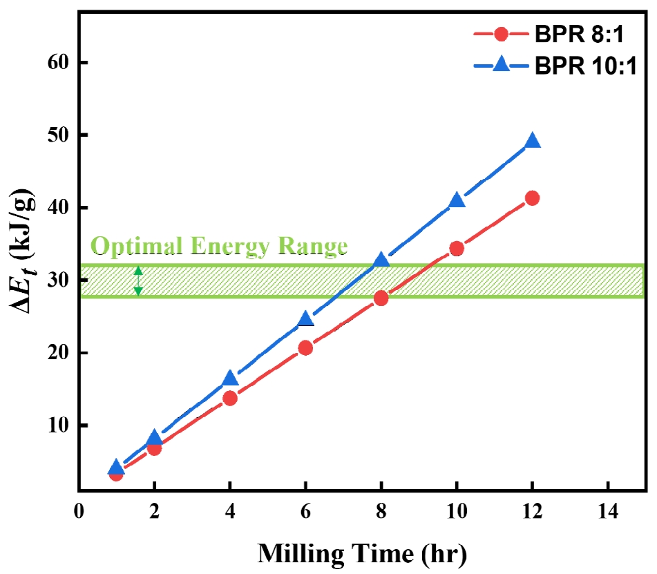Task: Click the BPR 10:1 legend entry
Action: pos(553,66)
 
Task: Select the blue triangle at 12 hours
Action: pos(532,141)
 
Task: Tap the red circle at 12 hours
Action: pos(532,198)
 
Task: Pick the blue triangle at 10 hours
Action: pos(457,200)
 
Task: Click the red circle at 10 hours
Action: pos(456,248)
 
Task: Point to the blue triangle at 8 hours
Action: pos(381,260)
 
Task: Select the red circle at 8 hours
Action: pos(381,298)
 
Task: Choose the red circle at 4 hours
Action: pos(230,398)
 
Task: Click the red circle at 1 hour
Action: pos(116,474)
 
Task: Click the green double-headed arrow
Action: pos(138,281)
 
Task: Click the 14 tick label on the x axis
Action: pos(607,514)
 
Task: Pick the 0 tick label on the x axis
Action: pos(79,514)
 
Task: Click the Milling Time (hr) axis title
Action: pos(362,553)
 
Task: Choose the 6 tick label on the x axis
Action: pos(305,514)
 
